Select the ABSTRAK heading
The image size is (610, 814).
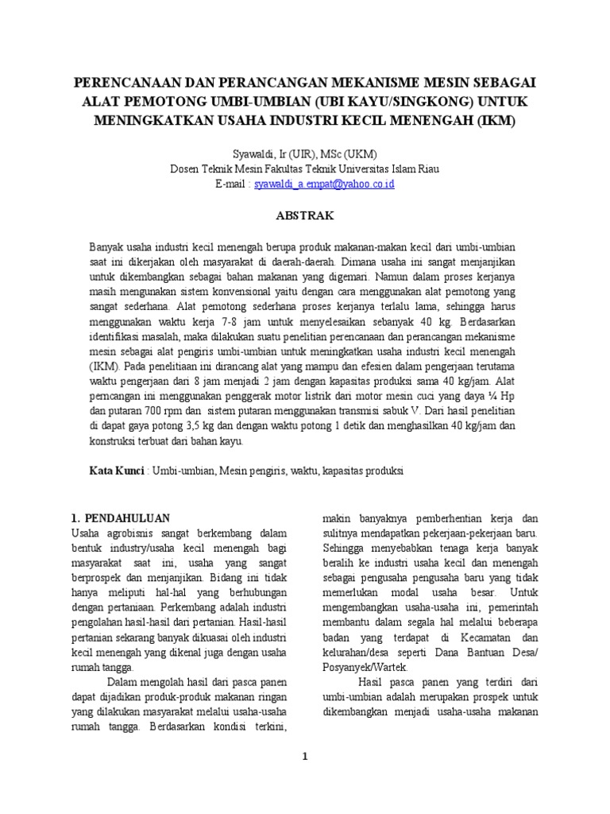tap(305, 215)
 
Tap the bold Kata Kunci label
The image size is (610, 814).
tap(117, 471)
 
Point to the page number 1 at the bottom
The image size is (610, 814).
tap(304, 756)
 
